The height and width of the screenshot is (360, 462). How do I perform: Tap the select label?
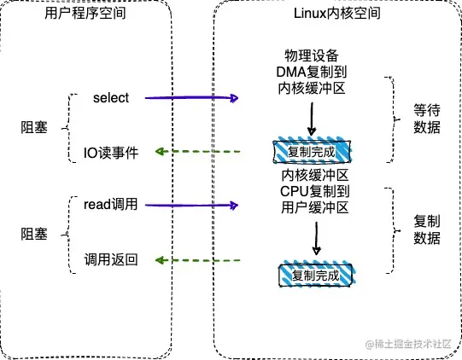click(x=111, y=98)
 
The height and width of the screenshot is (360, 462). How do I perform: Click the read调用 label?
click(x=111, y=205)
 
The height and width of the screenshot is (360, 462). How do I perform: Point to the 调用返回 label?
click(x=110, y=258)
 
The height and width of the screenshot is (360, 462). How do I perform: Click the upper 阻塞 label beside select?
click(x=34, y=125)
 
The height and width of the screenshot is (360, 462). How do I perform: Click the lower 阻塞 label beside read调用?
click(x=34, y=231)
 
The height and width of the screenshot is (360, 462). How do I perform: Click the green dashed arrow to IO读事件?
click(x=196, y=153)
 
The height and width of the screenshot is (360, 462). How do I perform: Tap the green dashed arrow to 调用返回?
click(x=196, y=259)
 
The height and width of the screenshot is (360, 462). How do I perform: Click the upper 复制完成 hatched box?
click(x=312, y=152)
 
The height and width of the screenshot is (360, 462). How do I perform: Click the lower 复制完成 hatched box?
click(x=315, y=276)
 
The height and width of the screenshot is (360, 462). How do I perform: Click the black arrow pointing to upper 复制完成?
click(x=312, y=123)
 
